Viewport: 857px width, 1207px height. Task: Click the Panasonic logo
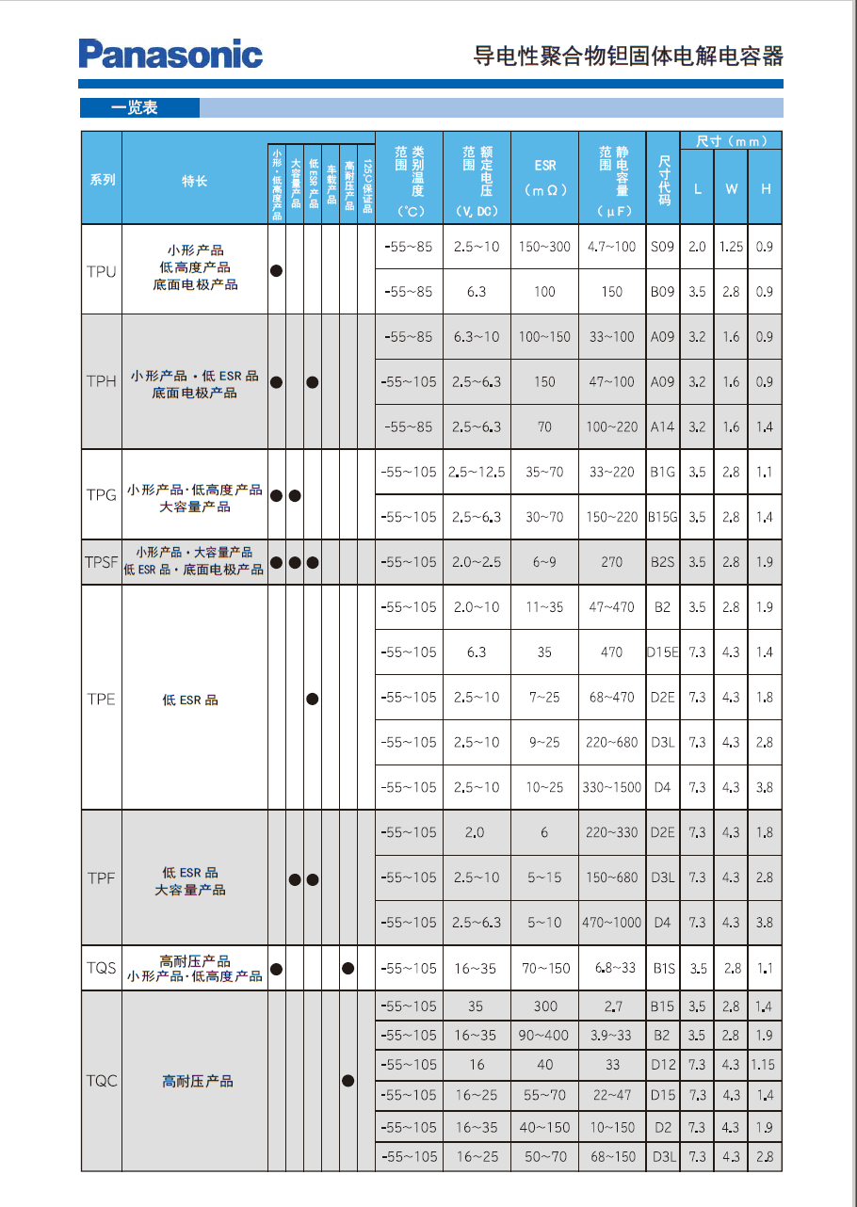pyautogui.click(x=170, y=54)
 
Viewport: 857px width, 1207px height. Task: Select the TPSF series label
pyautogui.click(x=102, y=562)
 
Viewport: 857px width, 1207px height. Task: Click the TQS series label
pyautogui.click(x=102, y=968)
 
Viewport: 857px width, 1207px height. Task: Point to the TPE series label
pyautogui.click(x=102, y=699)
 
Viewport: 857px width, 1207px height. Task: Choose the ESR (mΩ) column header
pyautogui.click(x=545, y=177)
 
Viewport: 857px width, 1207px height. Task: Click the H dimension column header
pyautogui.click(x=766, y=188)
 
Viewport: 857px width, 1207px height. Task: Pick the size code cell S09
pyautogui.click(x=662, y=247)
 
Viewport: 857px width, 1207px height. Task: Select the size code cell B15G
pyautogui.click(x=662, y=517)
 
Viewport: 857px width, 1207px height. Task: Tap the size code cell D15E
pyautogui.click(x=662, y=652)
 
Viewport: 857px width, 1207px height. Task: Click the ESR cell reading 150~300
pyautogui.click(x=545, y=247)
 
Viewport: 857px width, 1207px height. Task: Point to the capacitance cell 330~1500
pyautogui.click(x=612, y=787)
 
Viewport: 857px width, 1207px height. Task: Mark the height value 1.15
pyautogui.click(x=764, y=1065)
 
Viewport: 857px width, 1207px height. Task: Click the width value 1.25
pyautogui.click(x=731, y=247)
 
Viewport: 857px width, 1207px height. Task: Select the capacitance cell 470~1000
pyautogui.click(x=612, y=923)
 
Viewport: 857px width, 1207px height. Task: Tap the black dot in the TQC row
pyautogui.click(x=348, y=1081)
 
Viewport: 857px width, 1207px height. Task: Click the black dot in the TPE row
pyautogui.click(x=313, y=699)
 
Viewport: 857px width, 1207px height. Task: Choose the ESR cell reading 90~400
pyautogui.click(x=545, y=1035)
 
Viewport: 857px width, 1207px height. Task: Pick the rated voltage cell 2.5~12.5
pyautogui.click(x=477, y=472)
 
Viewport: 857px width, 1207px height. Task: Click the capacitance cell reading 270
pyautogui.click(x=612, y=562)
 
